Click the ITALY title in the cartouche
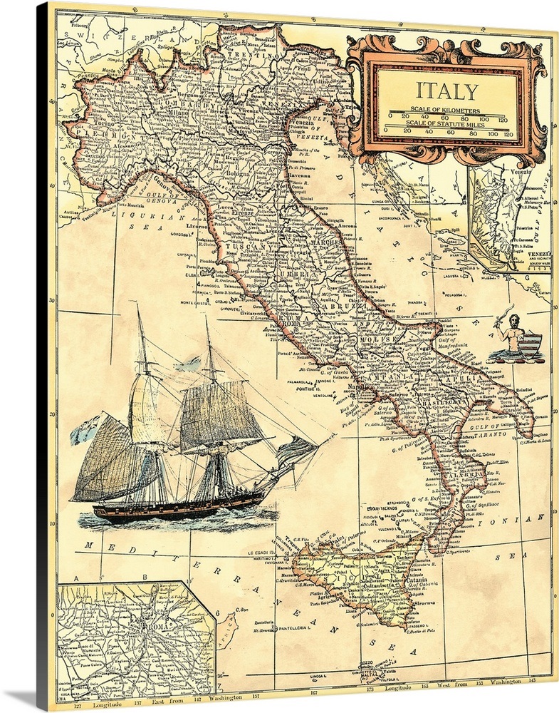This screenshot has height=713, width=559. tap(447, 91)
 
